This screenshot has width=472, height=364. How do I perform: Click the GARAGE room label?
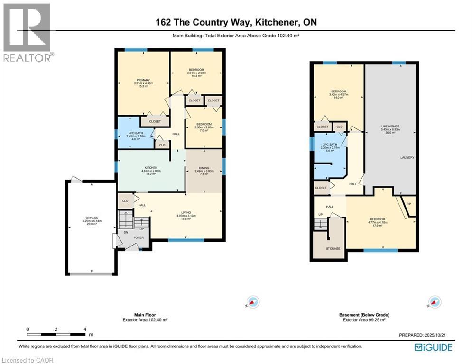click(x=89, y=218)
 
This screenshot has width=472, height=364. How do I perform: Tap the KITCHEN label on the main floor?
click(x=151, y=168)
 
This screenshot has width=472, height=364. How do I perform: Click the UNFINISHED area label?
click(x=390, y=126)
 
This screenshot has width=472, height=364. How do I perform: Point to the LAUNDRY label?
click(x=407, y=158)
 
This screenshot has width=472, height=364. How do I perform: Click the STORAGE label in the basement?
click(x=333, y=248)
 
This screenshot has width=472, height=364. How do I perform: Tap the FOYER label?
click(x=138, y=238)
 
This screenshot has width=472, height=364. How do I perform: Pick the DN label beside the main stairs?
click(x=126, y=233)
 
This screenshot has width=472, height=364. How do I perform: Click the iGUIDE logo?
click(x=433, y=347)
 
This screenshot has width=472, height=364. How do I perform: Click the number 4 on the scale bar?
click(x=85, y=329)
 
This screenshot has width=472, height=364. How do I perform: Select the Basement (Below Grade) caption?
click(x=364, y=315)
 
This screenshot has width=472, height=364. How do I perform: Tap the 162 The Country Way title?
click(x=235, y=22)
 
